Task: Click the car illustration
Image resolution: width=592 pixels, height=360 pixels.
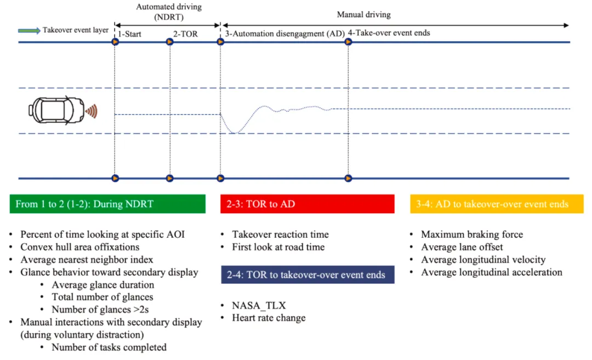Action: tap(56, 111)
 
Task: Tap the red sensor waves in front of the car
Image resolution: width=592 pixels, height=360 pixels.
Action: tap(92, 111)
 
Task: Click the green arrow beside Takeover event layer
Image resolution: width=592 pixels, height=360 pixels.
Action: tap(29, 31)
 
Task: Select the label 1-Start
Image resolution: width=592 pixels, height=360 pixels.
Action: tap(129, 34)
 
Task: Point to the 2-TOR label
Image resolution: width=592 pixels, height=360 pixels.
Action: tap(185, 34)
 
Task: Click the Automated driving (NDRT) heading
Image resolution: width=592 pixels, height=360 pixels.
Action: tap(169, 12)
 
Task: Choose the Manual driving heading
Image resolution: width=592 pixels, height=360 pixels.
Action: tap(363, 15)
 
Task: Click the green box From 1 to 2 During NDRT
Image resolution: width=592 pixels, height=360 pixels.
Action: tap(107, 204)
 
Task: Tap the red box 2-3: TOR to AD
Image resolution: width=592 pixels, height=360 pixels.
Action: tap(308, 204)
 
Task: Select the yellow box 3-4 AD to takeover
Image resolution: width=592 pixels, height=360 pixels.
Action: tap(497, 204)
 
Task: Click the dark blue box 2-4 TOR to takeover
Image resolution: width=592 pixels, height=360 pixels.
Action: tap(308, 275)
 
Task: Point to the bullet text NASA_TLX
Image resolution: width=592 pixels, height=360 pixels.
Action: tap(259, 305)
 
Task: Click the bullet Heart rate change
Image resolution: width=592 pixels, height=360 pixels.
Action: tap(269, 318)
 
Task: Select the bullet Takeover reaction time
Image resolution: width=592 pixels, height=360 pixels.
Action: tap(280, 235)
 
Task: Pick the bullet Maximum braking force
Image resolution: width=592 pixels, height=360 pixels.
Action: tap(472, 235)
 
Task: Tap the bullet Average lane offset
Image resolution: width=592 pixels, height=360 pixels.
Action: tap(462, 247)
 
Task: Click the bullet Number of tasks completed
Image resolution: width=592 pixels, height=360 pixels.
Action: tap(109, 347)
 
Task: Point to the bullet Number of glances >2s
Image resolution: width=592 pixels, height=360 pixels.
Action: tap(100, 310)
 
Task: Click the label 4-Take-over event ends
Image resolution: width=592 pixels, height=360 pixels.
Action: tap(389, 33)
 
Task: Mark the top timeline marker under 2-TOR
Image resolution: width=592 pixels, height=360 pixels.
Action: tap(170, 42)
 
